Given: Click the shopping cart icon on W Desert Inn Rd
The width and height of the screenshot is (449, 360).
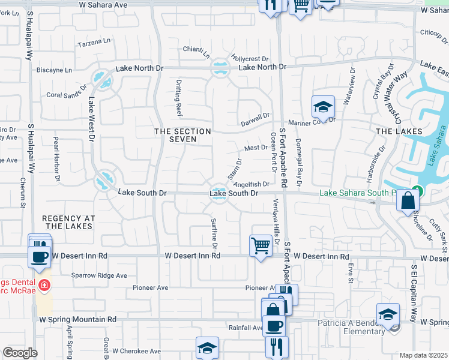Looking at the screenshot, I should tap(260, 245).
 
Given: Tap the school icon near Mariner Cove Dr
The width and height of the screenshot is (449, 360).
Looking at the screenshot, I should tap(323, 107).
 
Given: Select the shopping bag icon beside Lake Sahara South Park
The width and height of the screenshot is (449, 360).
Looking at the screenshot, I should tap(408, 201).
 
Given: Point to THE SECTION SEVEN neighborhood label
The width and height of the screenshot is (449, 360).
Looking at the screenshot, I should tap(183, 135).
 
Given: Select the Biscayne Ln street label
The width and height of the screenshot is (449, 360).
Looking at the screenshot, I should tap(54, 70).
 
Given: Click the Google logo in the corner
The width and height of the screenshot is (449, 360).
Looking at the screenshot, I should tap(20, 352).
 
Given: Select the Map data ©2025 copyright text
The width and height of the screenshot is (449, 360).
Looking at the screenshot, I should tap(423, 355).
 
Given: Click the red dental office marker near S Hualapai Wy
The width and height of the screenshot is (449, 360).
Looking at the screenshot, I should tap(43, 284).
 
